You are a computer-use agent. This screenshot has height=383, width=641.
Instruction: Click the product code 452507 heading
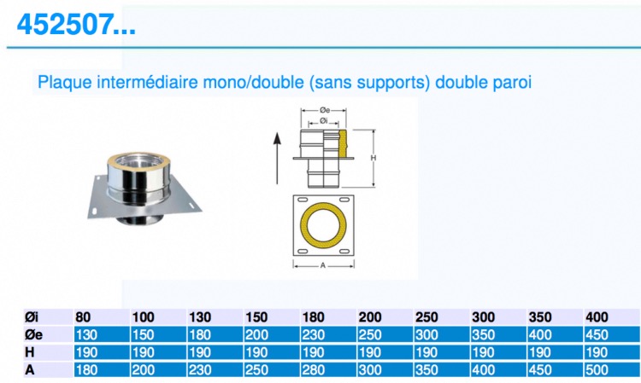(76, 25)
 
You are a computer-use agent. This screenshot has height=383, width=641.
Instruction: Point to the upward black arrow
(277, 159)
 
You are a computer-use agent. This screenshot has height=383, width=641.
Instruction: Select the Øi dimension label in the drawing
(324, 121)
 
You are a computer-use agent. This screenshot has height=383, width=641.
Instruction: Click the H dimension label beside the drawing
(373, 158)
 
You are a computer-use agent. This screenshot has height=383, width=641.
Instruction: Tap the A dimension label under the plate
(323, 265)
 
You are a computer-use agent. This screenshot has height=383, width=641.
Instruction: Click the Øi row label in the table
(32, 317)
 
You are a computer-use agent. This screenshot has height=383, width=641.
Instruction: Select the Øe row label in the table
(33, 335)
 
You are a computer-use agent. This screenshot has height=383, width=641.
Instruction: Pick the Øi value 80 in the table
(83, 317)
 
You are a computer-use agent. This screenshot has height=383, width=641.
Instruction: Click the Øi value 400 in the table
(597, 317)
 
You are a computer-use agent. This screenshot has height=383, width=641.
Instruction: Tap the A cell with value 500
(597, 370)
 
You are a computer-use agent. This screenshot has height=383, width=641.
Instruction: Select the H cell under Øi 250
(426, 352)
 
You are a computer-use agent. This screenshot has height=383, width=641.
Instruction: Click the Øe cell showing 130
(86, 335)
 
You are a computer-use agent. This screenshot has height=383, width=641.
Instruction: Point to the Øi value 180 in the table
(313, 317)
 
